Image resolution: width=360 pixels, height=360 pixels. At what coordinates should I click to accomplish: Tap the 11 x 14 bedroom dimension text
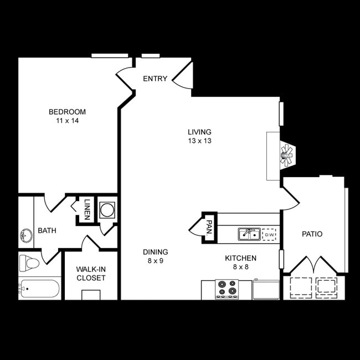coord(67,121)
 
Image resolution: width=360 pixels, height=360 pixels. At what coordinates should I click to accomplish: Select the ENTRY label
coord(155,79)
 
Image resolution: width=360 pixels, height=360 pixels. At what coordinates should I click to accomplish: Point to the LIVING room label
coord(199,132)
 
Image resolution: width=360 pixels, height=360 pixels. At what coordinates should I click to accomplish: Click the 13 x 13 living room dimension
coord(199,141)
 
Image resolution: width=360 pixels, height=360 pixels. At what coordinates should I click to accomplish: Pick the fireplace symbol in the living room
coord(286,155)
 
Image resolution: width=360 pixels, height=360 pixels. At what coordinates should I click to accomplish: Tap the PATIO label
coord(312,234)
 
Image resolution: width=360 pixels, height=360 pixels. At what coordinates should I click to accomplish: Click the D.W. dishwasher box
coord(269,235)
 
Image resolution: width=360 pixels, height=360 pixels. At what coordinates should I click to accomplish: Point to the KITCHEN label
coord(240,258)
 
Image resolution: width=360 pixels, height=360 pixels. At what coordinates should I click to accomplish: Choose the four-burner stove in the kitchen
coord(227,289)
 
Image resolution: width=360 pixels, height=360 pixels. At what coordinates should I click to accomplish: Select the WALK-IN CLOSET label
coord(91,274)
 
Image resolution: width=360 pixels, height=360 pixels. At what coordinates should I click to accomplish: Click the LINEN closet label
coord(87,209)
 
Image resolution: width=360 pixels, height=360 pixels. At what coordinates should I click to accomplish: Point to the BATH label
coord(47,230)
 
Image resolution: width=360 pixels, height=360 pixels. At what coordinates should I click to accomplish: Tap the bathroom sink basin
coord(25,236)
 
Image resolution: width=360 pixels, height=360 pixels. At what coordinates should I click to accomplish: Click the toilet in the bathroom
coord(29,261)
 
